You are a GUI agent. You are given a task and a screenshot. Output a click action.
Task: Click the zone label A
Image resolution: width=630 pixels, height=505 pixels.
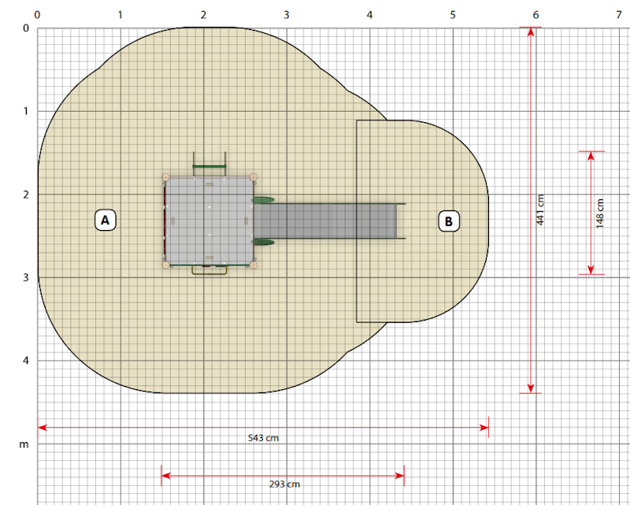(106, 220)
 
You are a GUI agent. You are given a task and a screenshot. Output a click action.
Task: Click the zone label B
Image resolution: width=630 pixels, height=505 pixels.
(449, 221)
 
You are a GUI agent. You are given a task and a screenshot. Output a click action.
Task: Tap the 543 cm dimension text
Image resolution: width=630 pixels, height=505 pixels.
(263, 438)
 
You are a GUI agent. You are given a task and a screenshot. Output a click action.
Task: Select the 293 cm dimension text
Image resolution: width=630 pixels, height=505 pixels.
(284, 484)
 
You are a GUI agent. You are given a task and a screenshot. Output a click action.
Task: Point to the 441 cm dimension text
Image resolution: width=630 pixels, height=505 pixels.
(540, 210)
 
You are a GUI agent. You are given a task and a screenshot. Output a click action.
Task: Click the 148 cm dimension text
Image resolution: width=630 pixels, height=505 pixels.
(600, 214)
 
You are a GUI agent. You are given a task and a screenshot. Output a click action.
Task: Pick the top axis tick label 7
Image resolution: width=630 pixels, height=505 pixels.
(619, 15)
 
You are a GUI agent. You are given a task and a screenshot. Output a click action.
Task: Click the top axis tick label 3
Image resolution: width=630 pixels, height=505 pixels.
(287, 15)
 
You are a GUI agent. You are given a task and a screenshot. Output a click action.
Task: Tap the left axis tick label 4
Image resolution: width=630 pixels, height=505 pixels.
(26, 360)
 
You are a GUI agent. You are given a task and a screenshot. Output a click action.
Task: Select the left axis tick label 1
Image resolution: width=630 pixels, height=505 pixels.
(26, 111)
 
